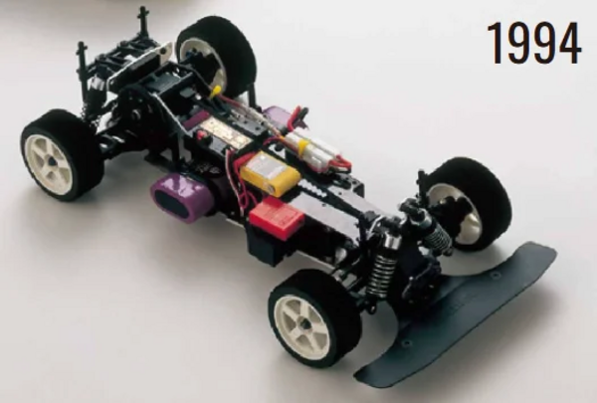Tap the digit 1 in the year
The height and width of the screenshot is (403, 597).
(496, 43)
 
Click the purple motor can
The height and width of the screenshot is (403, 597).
(183, 197)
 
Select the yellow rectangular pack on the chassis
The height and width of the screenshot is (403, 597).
(270, 174)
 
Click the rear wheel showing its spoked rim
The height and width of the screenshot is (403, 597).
(62, 155)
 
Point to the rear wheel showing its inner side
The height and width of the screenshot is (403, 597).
(216, 57)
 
